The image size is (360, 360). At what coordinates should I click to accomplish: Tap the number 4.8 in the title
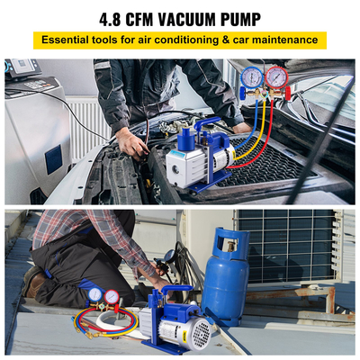[84, 16]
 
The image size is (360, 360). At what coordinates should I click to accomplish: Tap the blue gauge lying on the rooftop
[94, 295]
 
